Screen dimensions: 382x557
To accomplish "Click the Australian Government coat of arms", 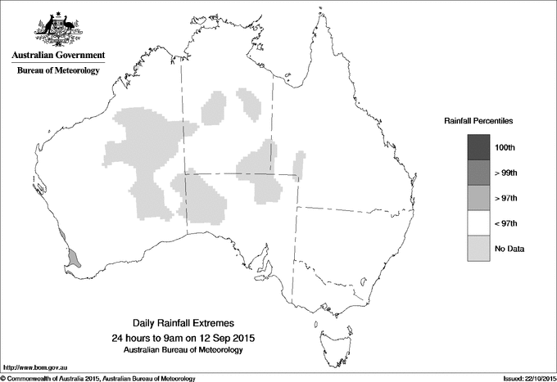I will pyautogui.click(x=57, y=29).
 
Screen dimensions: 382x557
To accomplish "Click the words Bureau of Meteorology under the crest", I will pyautogui.click(x=57, y=71).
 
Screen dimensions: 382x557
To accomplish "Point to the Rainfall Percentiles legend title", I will pyautogui.click(x=478, y=121).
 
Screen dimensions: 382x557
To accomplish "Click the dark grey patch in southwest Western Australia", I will pyautogui.click(x=73, y=258).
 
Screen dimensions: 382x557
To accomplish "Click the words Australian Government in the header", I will pyautogui.click(x=57, y=56).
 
